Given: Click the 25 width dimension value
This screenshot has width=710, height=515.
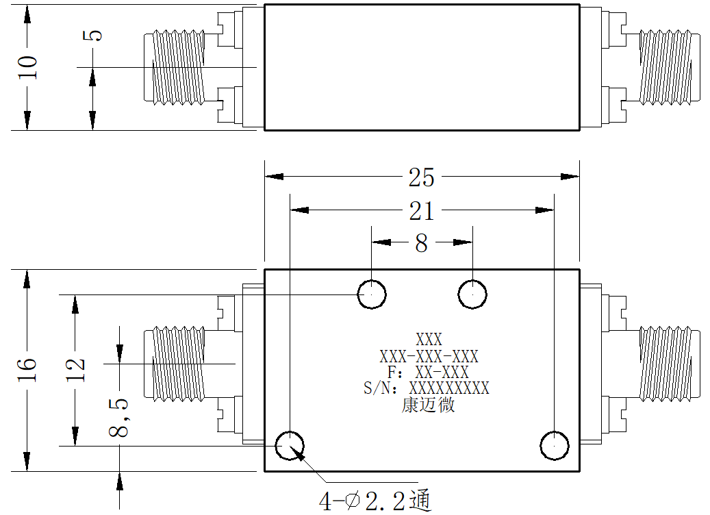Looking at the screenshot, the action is (x=421, y=177).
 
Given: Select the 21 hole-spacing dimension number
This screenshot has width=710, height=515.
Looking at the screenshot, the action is (x=422, y=211).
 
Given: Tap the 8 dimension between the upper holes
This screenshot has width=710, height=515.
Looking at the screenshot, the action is (x=422, y=243).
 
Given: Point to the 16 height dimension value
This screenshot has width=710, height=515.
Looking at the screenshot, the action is (x=27, y=370).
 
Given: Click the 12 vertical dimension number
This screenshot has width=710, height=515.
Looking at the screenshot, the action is (x=75, y=370).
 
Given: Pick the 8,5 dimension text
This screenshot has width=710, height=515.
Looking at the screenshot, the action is (x=118, y=418).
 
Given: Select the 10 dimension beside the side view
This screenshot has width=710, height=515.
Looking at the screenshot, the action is (x=27, y=68).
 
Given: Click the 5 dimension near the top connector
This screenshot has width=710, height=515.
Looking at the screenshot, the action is (x=92, y=36).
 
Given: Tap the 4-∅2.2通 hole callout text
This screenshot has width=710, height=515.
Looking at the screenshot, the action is (x=375, y=501).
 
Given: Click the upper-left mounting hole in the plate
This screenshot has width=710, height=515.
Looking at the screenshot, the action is (x=372, y=294).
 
